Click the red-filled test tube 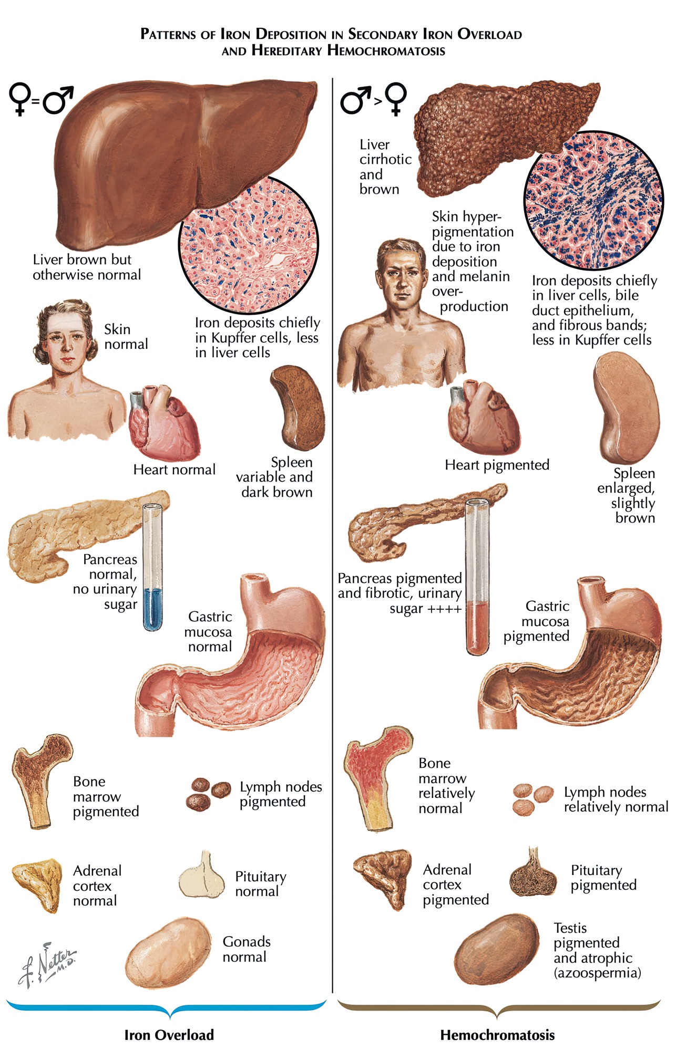[477, 583]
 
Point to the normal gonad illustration [168, 953]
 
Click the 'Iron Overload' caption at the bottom [169, 1035]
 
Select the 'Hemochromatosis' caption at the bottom [497, 1035]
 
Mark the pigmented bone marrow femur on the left [39, 777]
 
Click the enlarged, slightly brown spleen [627, 407]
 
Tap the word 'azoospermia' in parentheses [598, 973]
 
